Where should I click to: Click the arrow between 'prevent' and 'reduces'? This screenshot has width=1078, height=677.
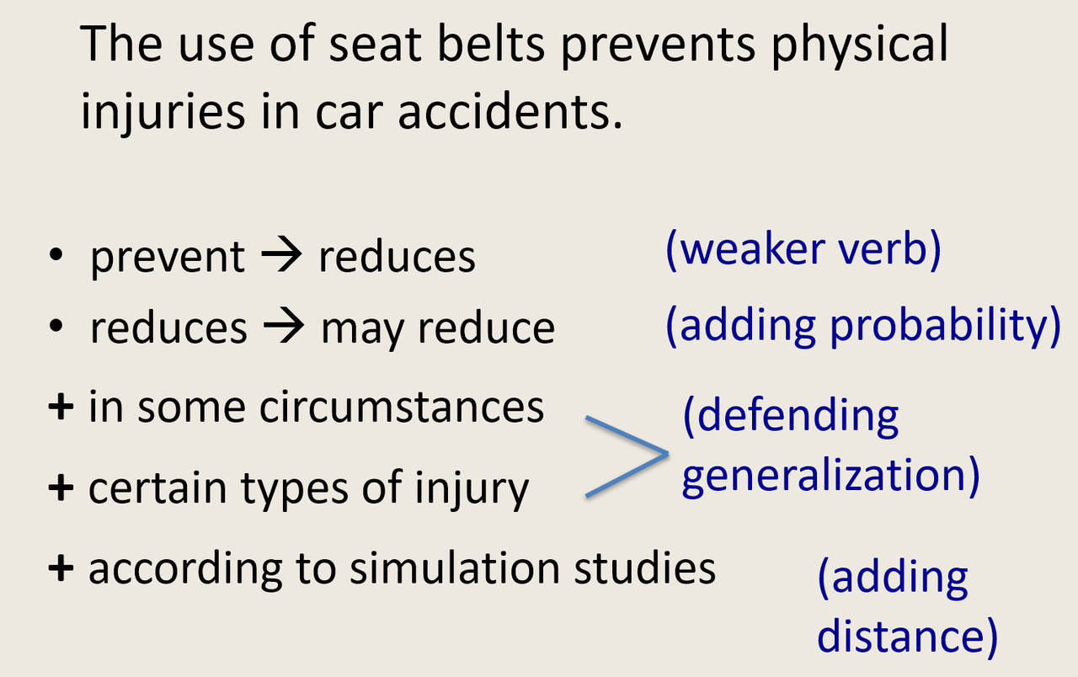click(x=281, y=255)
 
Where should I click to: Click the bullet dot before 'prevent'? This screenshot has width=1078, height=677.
click(x=56, y=253)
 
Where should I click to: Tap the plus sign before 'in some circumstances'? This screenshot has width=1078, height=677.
click(x=61, y=407)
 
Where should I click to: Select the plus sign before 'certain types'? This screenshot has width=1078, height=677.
click(x=61, y=488)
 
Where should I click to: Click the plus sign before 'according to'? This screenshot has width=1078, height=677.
click(x=61, y=568)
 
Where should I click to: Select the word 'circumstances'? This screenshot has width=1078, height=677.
click(x=402, y=407)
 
